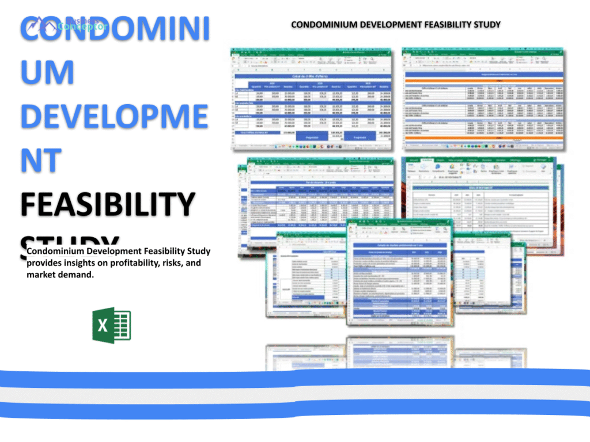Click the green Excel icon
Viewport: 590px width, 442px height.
tap(112, 325)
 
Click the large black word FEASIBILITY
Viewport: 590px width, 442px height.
tap(108, 204)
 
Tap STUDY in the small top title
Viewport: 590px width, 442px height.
tap(487, 25)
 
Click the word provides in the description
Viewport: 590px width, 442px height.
tap(44, 263)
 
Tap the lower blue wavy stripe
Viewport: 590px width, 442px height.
tap(295, 410)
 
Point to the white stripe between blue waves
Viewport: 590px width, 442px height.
tap(295, 394)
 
